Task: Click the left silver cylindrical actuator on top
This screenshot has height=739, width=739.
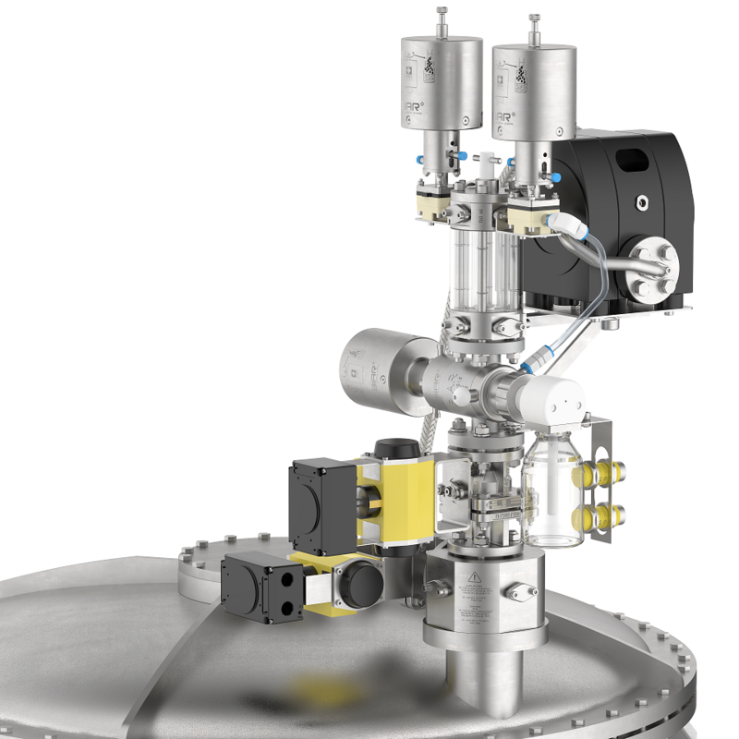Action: point(442,83)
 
